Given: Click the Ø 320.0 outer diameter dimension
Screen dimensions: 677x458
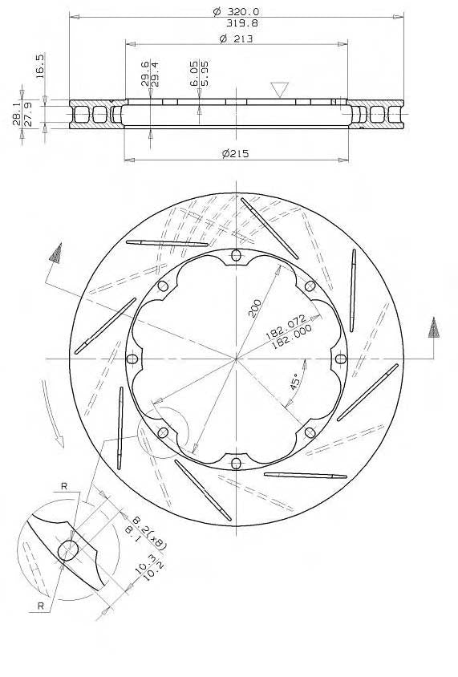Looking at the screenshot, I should (x=236, y=11).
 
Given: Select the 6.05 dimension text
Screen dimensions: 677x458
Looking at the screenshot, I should (x=194, y=73).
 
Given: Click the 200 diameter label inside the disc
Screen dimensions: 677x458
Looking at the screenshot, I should (x=255, y=308).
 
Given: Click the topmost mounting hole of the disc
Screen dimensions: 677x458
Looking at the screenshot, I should (x=236, y=255).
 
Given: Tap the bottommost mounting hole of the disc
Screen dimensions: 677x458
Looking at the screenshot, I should (x=236, y=462).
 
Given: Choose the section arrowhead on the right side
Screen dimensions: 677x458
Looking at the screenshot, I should (x=434, y=327).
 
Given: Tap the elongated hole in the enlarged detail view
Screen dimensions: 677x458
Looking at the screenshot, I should (x=69, y=550).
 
